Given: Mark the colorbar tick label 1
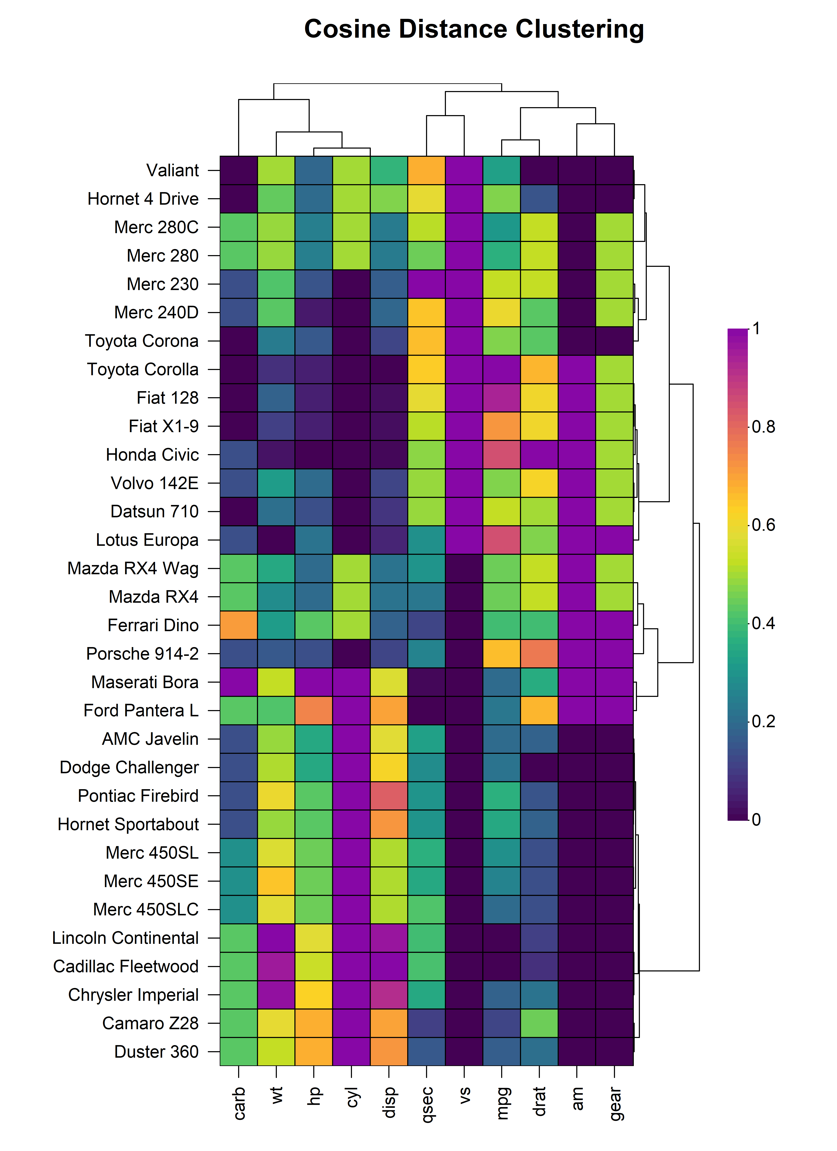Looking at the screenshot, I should [x=756, y=329].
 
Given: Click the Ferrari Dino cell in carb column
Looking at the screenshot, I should [x=239, y=625].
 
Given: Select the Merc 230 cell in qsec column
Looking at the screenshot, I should [x=426, y=284].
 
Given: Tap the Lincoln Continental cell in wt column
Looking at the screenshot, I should [x=276, y=938].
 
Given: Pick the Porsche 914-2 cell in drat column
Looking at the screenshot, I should [x=539, y=654].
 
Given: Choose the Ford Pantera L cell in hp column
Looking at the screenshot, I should [x=314, y=710].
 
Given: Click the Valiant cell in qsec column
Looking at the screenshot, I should [x=426, y=171].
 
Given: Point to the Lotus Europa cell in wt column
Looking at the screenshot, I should [x=276, y=540].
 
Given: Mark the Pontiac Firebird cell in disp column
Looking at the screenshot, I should [x=389, y=796].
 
